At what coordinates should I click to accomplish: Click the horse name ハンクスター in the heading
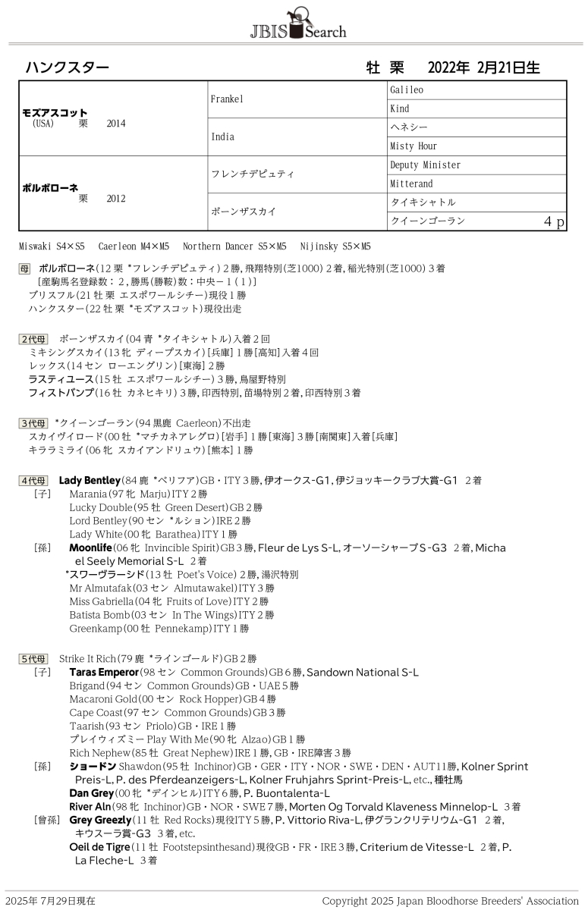pos(67,67)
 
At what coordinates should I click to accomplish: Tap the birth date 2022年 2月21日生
pos(483,67)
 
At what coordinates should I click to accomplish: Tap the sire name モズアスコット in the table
pos(55,112)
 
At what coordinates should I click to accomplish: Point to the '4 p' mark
pos(554,221)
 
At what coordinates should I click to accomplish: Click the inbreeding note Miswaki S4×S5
pos(52,246)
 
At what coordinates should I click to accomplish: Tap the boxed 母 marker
pos(25,268)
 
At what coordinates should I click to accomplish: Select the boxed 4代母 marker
pos(33,481)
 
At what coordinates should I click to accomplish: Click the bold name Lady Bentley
pos(90,481)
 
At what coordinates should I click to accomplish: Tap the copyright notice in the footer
pos(450,901)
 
